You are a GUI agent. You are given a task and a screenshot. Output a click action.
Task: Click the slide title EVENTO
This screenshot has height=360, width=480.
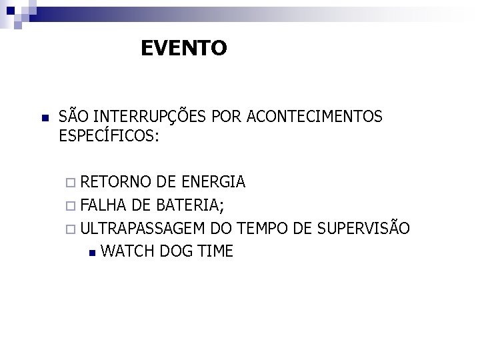coord(184,48)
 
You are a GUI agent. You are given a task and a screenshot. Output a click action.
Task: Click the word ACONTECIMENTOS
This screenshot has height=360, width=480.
coord(314,117)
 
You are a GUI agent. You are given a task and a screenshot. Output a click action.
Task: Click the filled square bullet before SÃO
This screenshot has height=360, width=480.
coord(41,119)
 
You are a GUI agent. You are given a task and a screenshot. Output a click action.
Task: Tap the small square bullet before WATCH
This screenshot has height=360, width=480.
coord(92,253)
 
